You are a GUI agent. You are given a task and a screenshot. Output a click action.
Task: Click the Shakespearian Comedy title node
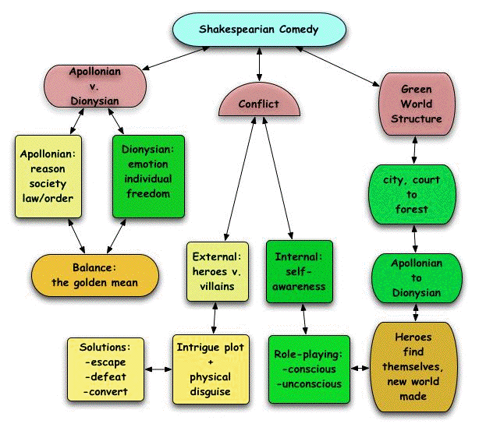(258, 30)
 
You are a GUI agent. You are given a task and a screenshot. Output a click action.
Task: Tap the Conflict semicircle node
(258, 102)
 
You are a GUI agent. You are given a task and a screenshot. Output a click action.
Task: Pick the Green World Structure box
(415, 104)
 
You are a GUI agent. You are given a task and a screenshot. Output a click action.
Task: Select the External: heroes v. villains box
(217, 270)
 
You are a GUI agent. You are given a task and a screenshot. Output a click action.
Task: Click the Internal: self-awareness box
(299, 270)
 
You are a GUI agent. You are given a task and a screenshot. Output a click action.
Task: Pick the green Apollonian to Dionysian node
(415, 277)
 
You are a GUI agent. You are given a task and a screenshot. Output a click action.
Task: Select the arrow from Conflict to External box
(238, 179)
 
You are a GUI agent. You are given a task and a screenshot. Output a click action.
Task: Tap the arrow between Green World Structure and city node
(415, 149)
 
